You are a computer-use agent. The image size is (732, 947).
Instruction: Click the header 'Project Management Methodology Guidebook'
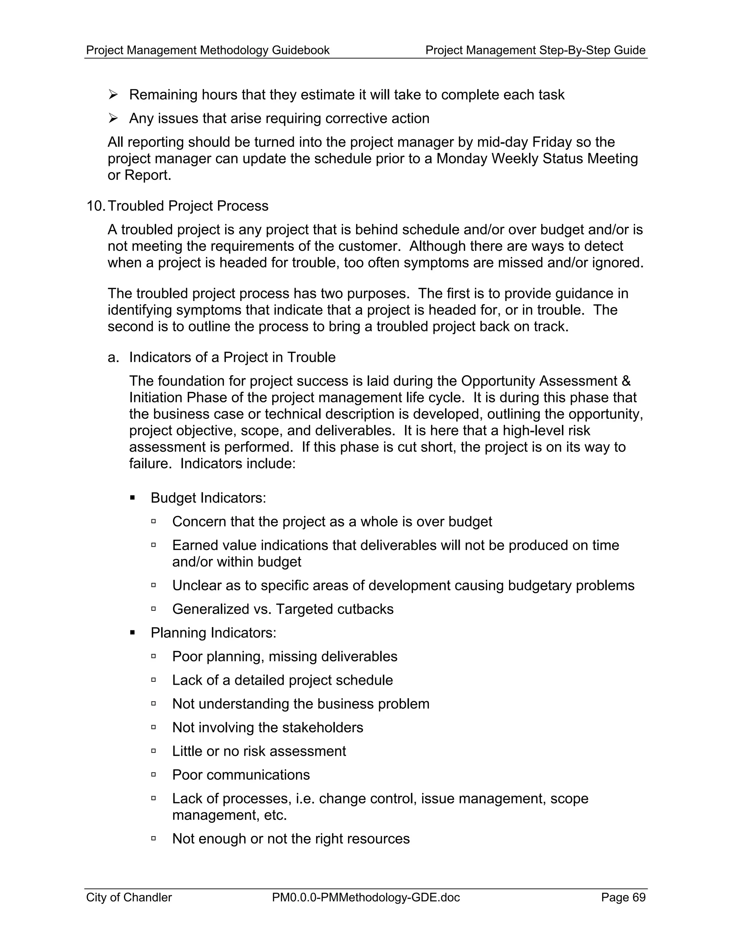[x=208, y=50]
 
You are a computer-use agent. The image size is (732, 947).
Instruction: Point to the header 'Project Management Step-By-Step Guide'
[x=535, y=50]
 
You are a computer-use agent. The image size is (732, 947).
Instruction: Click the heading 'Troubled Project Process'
[x=188, y=205]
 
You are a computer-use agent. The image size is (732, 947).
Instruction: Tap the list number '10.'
[x=95, y=205]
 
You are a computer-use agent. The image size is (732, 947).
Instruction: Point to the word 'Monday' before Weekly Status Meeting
[x=461, y=159]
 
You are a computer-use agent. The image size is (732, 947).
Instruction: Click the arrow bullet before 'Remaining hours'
[x=113, y=95]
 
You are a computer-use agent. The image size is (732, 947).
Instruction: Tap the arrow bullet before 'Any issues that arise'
[x=113, y=118]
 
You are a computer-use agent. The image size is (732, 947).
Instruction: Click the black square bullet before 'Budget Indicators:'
[x=133, y=498]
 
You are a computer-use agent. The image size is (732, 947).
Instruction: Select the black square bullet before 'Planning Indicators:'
[x=133, y=633]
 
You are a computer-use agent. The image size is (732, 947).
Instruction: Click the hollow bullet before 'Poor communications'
[x=153, y=774]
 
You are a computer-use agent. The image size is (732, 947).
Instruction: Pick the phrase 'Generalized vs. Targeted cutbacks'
[x=283, y=609]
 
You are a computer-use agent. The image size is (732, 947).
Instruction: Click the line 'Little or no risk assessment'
[x=259, y=751]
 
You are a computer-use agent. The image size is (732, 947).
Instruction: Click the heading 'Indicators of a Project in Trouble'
[x=232, y=357]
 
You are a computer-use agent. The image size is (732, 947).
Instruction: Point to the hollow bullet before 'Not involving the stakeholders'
[x=153, y=727]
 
